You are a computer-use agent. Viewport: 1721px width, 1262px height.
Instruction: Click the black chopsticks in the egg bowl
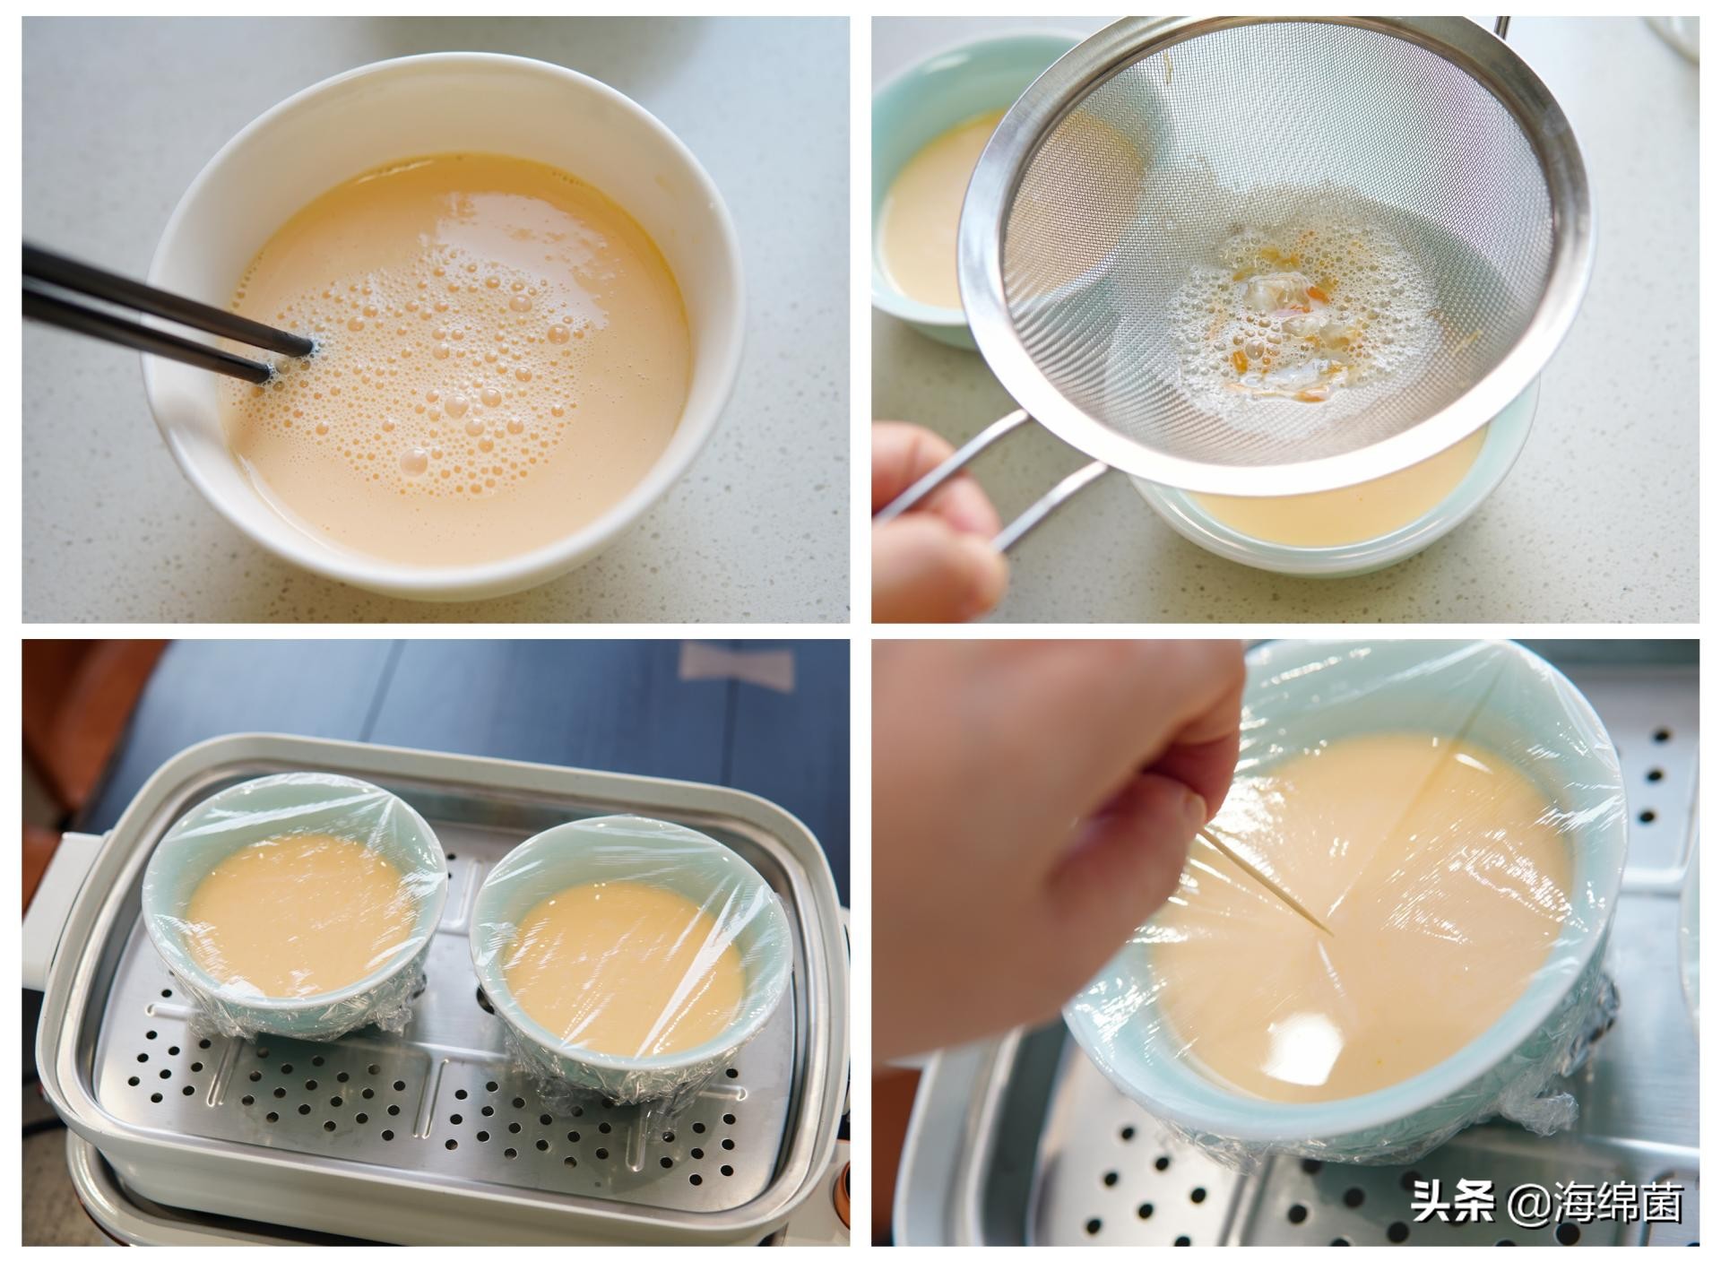click(134, 305)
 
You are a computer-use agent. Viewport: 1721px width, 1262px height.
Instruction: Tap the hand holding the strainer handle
click(932, 529)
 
